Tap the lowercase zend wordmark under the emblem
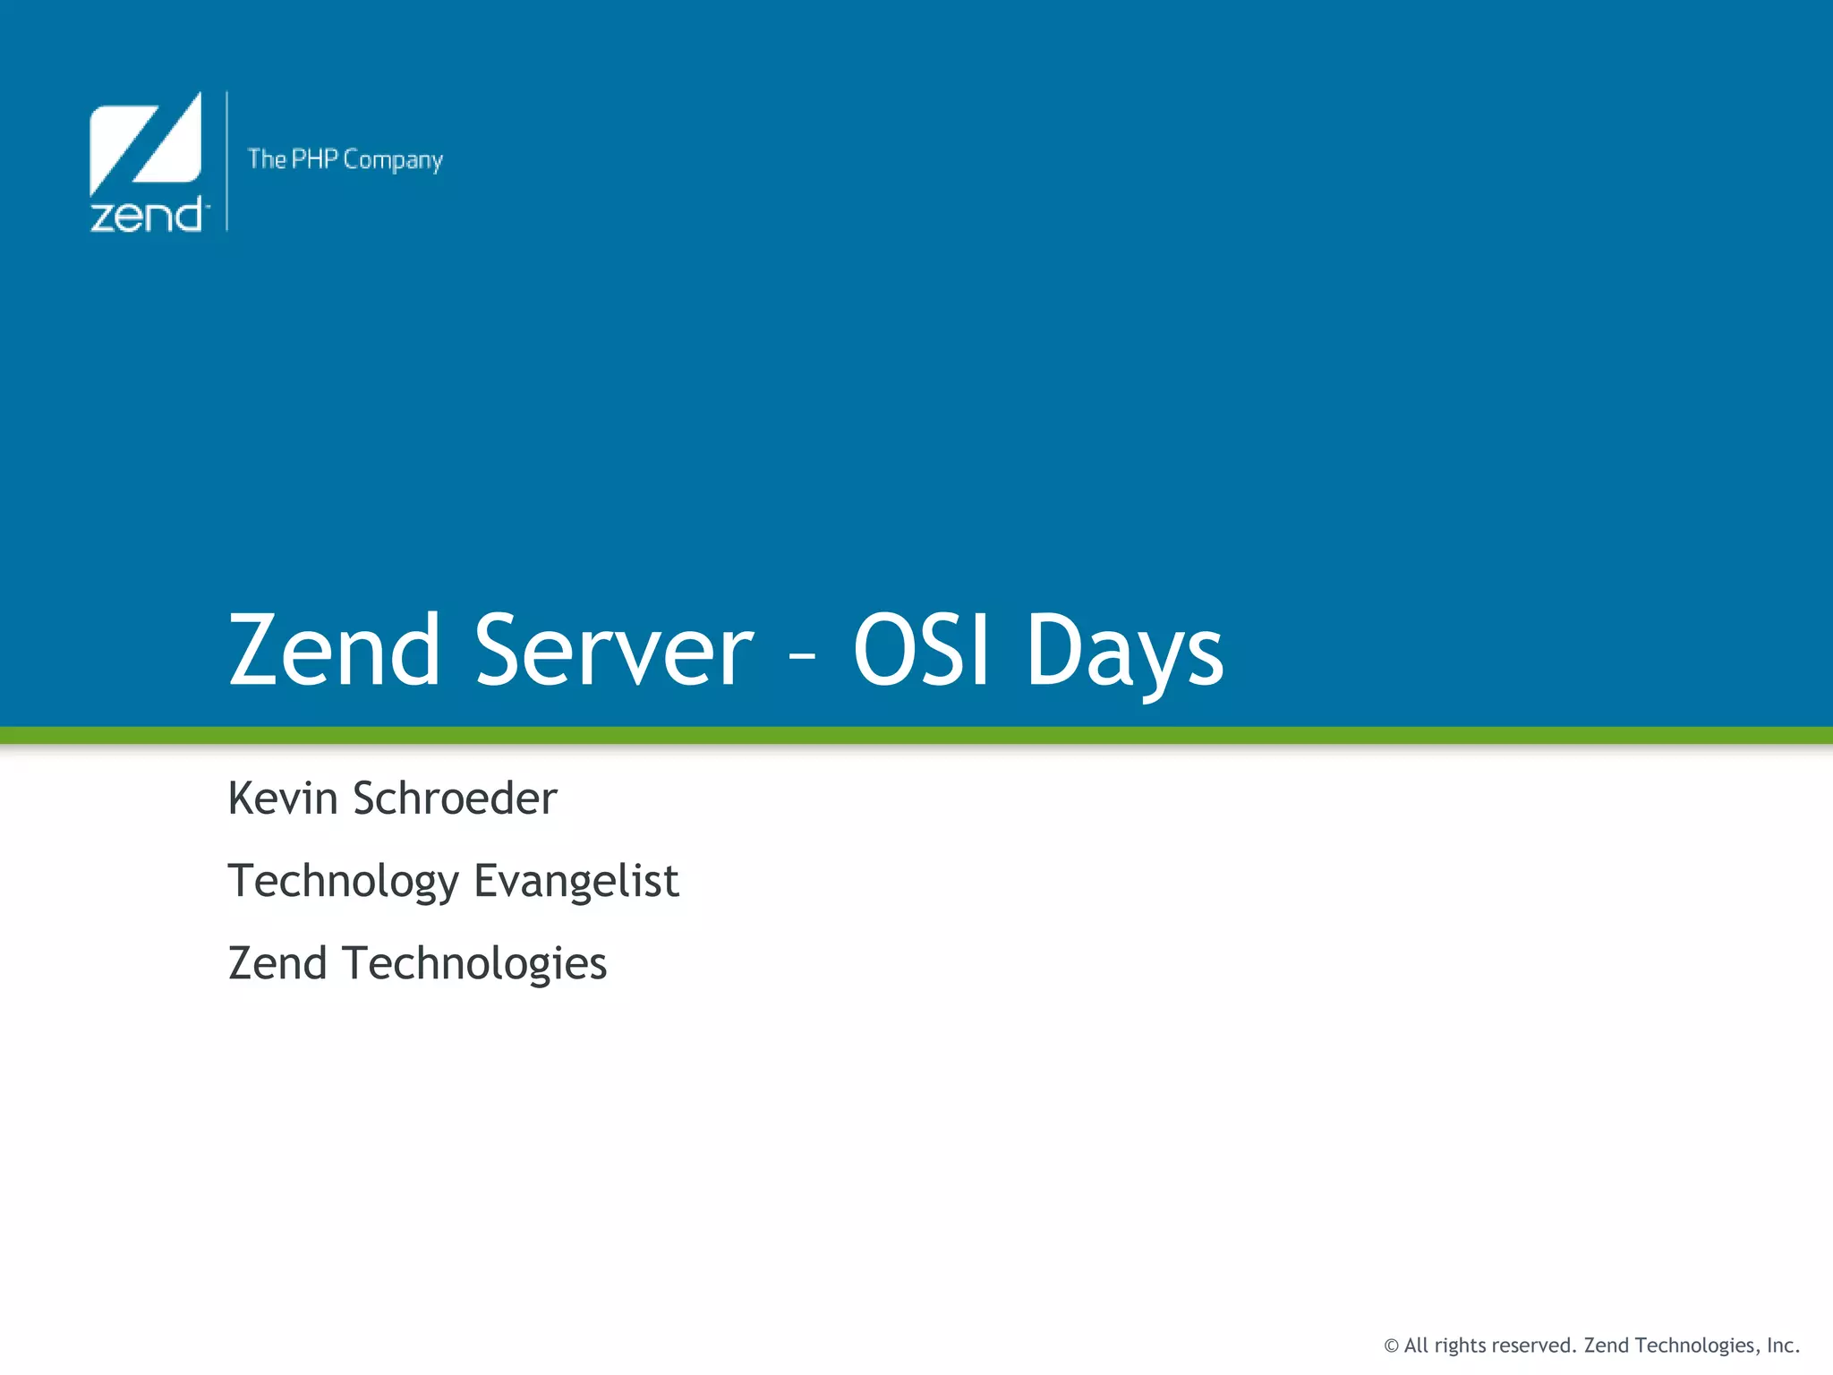coord(147,216)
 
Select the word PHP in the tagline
coord(314,159)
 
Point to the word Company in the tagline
coord(393,160)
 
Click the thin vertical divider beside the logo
coord(227,161)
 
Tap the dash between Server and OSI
coord(803,658)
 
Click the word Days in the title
coord(1124,653)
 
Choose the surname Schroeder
coord(455,798)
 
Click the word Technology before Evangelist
coord(343,882)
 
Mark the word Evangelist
coord(576,882)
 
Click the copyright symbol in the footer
coord(1391,1345)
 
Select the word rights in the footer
coord(1462,1346)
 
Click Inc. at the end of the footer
coord(1782,1345)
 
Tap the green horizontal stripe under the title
coord(916,735)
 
